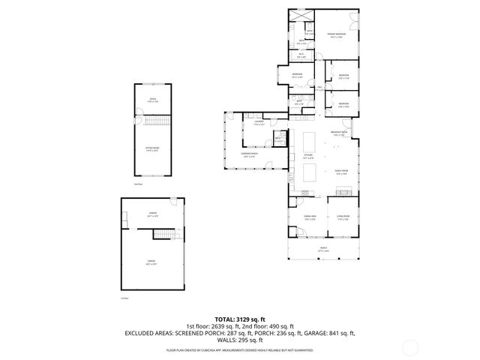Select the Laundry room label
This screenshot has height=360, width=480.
(258, 123)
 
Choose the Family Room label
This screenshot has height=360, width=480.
(341, 172)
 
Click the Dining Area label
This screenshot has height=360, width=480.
(309, 217)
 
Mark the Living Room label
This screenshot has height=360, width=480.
(343, 217)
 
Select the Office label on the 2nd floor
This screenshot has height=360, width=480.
(152, 99)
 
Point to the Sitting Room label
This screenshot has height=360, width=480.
(151, 149)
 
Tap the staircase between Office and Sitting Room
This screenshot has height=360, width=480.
(157, 121)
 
